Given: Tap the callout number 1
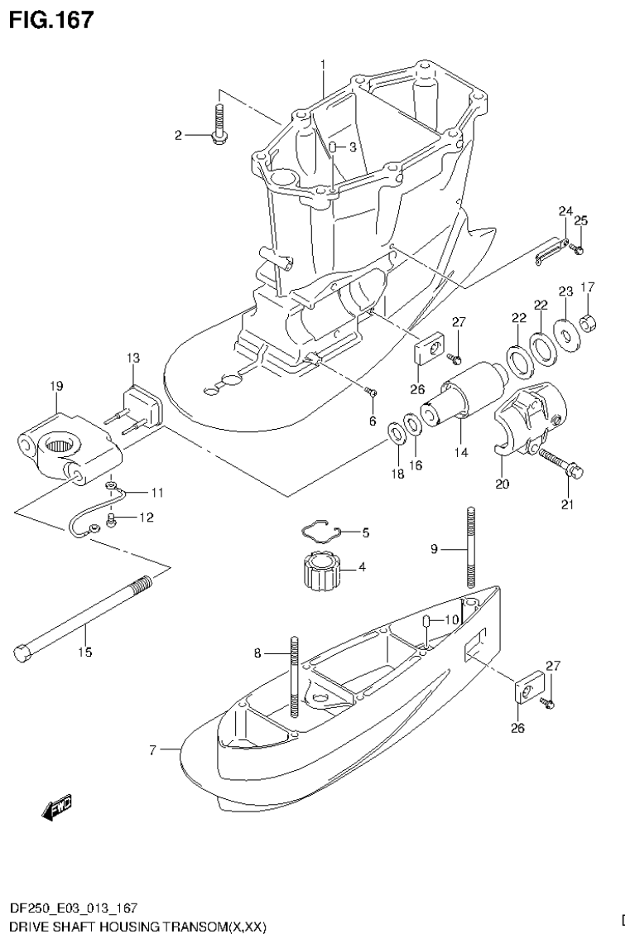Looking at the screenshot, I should tap(323, 64).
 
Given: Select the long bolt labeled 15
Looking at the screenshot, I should tap(83, 616).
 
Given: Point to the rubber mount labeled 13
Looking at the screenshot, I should tap(141, 406).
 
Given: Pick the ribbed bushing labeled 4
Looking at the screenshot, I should tap(319, 571).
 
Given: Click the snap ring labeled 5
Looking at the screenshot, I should tap(320, 531).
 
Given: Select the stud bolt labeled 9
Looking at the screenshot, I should tap(469, 547).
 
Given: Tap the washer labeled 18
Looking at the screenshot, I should tap(397, 431).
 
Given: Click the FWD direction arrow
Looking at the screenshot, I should tap(55, 807).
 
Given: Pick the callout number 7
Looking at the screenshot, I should tap(152, 750).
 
